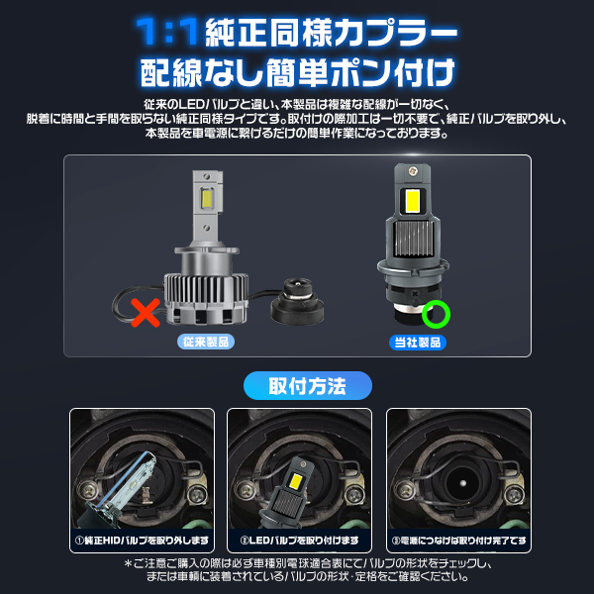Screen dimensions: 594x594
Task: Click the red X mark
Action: pos(146,315)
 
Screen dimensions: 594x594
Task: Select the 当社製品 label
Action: pos(417,343)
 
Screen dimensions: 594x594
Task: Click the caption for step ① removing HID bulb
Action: pos(141,542)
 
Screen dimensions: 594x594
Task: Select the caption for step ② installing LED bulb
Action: pos(299,542)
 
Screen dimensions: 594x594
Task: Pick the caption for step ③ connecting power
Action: pos(457,542)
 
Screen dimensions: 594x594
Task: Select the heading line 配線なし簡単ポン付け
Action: pos(298,72)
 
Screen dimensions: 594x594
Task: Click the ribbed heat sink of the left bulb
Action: pos(207,293)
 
